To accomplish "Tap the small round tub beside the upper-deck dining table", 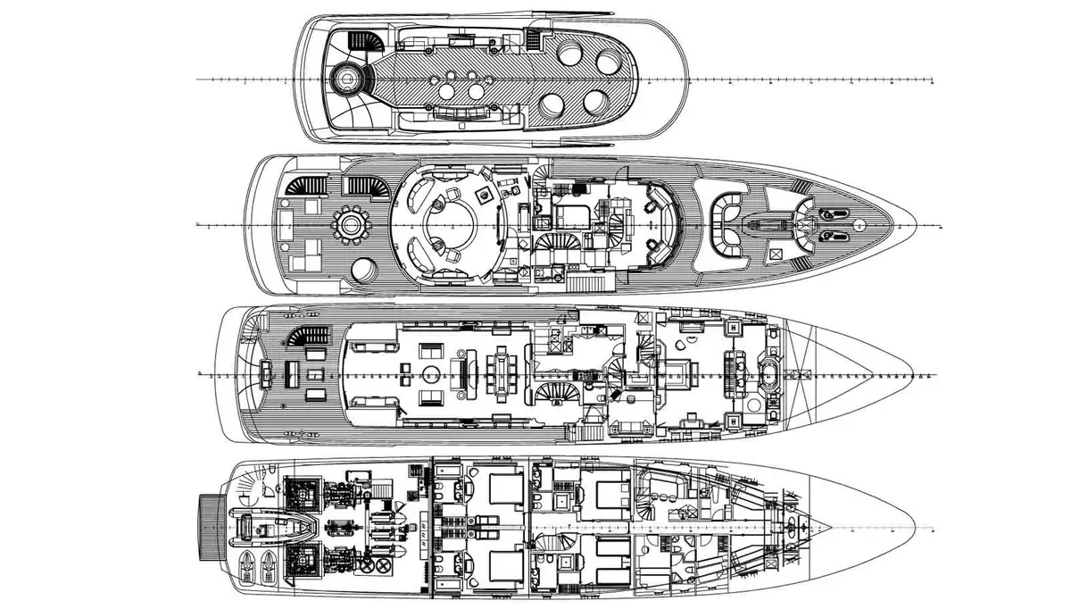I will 362,270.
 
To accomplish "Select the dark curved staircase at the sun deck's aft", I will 363,42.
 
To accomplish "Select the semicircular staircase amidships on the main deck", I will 555,393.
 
